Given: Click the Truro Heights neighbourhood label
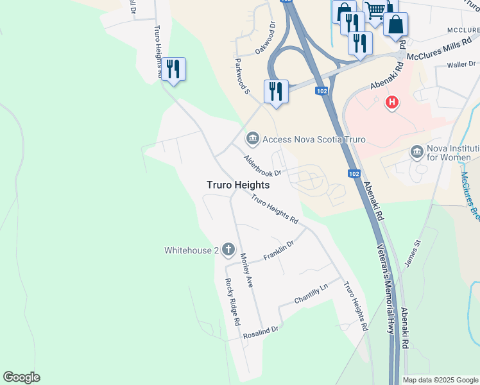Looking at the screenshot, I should (x=237, y=185).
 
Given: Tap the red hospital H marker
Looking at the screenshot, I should (x=391, y=102).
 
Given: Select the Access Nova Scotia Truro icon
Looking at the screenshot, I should (x=252, y=139).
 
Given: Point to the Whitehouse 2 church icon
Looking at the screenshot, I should (x=228, y=249).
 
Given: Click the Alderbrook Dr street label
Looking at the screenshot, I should (x=262, y=165).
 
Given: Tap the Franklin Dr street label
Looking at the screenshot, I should (x=279, y=251).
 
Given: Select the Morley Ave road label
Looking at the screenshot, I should (x=247, y=269).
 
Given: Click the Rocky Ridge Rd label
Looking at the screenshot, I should (x=232, y=300).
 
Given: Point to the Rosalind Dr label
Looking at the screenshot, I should (x=260, y=332).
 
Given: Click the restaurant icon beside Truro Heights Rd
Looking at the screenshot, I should (x=173, y=68).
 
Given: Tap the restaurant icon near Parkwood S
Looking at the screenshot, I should (x=276, y=90).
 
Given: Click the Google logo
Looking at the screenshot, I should (x=21, y=377).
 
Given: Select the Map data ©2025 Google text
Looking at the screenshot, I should (x=440, y=380).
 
